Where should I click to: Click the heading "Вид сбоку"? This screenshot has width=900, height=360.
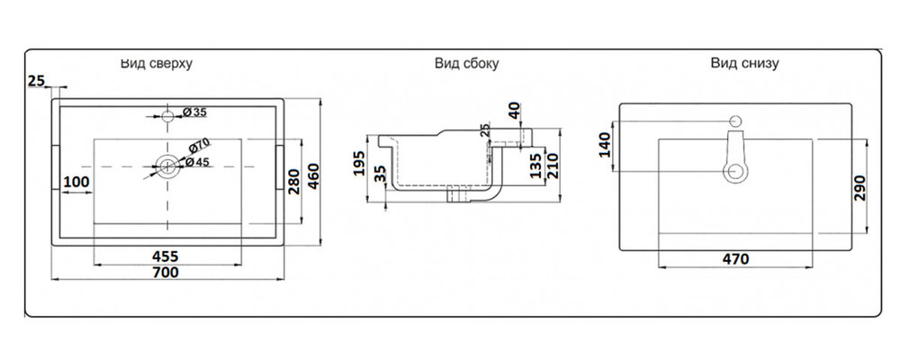coord(467,64)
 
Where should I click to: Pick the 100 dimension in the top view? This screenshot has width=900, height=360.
coord(76,184)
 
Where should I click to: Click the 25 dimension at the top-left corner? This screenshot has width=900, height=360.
coord(36,82)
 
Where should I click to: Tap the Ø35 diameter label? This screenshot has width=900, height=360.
coord(194,112)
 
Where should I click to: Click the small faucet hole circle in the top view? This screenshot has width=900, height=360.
coord(167,115)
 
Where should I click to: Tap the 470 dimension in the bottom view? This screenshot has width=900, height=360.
coord(735,259)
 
